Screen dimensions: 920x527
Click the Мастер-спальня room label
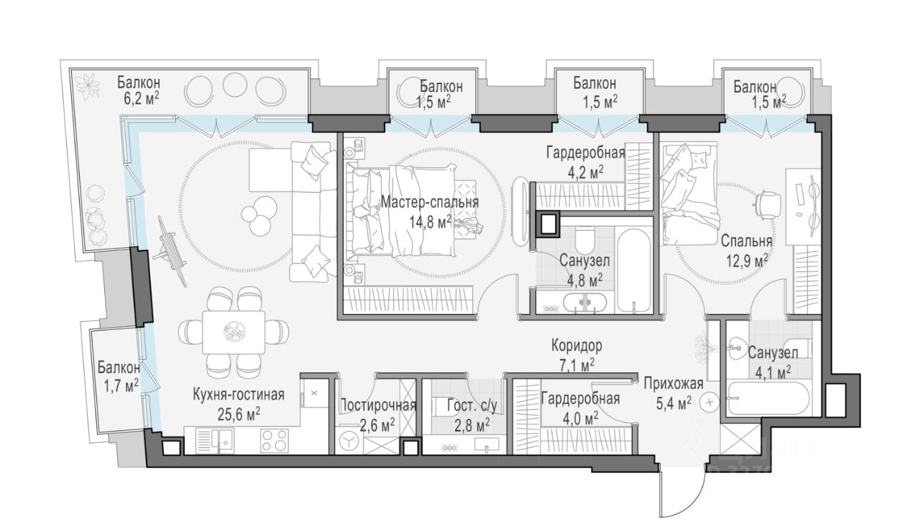tap(430, 202)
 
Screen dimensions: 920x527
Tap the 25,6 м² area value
tap(239, 416)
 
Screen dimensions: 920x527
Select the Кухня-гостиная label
tap(239, 395)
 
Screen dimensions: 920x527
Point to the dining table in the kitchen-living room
tap(234, 332)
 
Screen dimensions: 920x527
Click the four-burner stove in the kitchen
tap(274, 441)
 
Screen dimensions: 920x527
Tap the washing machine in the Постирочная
tap(349, 441)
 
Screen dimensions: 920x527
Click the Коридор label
tap(576, 346)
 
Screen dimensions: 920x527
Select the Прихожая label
tap(673, 384)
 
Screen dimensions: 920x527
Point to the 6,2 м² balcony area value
tap(139, 99)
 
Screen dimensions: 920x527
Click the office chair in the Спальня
tap(768, 203)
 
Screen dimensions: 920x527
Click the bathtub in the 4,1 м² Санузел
tap(768, 398)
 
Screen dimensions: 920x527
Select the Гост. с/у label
tap(472, 405)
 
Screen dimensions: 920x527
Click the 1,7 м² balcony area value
tap(118, 386)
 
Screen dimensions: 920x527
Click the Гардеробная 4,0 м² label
tap(580, 409)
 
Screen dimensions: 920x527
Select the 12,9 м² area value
tap(746, 260)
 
